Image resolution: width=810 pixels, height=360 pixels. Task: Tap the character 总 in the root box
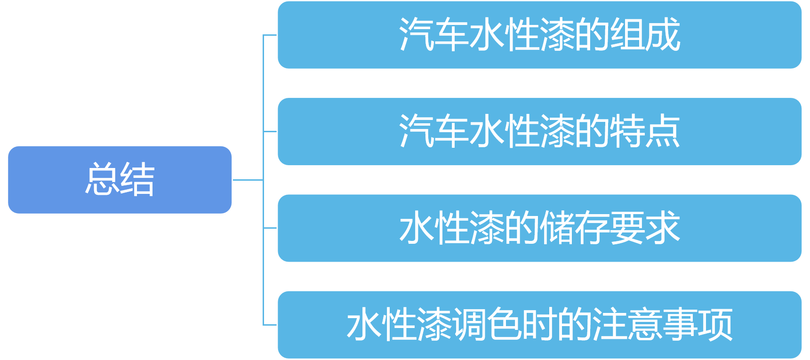coord(102,179)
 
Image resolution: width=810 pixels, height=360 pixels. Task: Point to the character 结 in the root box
coord(137,179)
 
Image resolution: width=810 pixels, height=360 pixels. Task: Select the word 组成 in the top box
coord(645,35)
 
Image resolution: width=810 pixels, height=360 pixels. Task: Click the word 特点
coord(645,131)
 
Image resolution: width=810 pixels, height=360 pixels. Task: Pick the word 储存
coord(574,228)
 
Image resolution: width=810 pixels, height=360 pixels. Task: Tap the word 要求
coord(645,228)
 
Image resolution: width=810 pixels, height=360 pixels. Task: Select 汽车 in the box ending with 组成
coord(434,35)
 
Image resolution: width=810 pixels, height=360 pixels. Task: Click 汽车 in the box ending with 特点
coord(434,131)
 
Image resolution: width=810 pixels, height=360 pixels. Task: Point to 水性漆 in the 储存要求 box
coord(452,228)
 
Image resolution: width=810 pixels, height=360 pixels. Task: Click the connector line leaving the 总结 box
coord(248,180)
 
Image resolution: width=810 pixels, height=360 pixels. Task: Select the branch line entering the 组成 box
coord(270,35)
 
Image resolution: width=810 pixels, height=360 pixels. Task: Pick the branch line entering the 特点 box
coord(270,131)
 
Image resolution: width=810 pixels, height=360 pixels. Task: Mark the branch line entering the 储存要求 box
coord(270,228)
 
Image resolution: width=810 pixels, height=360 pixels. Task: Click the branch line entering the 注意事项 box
coord(270,325)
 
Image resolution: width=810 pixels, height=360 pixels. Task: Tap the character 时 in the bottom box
coord(540,325)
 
